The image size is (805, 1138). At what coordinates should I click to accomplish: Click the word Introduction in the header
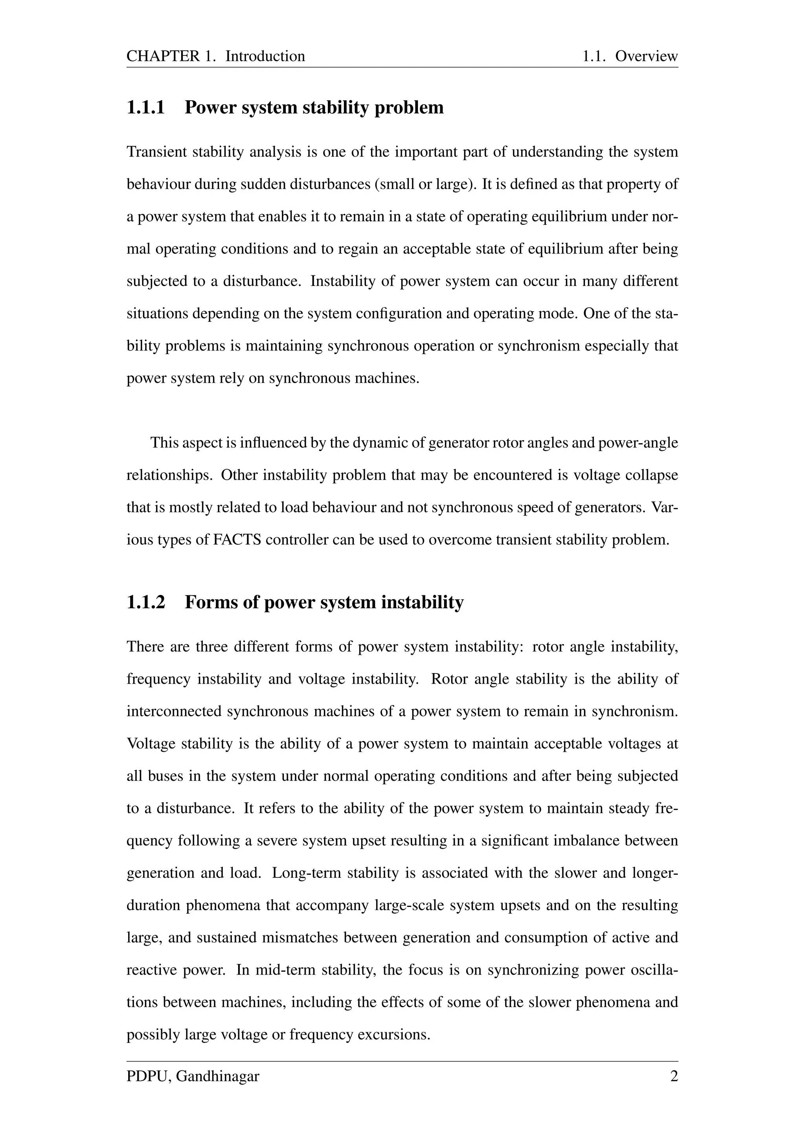pyautogui.click(x=265, y=56)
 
